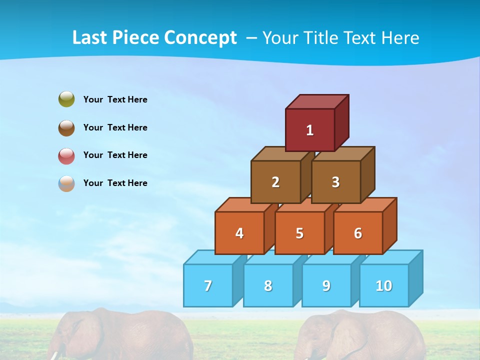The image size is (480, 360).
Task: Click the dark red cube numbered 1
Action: click(x=310, y=130)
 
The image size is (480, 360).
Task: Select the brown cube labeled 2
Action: click(x=275, y=182)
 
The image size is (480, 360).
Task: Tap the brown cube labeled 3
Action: click(x=335, y=182)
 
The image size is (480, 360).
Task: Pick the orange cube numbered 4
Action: click(x=239, y=233)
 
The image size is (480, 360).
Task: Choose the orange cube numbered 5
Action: click(x=299, y=233)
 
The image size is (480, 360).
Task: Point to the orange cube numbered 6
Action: click(x=358, y=233)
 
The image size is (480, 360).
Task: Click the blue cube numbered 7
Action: click(x=208, y=285)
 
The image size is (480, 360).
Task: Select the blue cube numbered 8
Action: click(x=268, y=285)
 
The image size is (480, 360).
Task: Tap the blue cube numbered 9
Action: click(x=326, y=285)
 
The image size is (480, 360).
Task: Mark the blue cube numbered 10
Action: click(x=384, y=285)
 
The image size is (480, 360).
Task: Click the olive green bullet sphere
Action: click(x=66, y=99)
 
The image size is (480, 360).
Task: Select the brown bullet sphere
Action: click(x=66, y=127)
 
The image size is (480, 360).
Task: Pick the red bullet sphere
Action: click(x=66, y=155)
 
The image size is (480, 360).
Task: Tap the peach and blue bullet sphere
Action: click(x=66, y=183)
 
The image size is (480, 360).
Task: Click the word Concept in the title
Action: click(x=200, y=38)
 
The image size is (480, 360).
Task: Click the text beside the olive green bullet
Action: click(x=115, y=99)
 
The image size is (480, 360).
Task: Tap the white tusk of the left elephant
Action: click(x=52, y=355)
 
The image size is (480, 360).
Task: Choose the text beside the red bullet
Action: click(x=115, y=155)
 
